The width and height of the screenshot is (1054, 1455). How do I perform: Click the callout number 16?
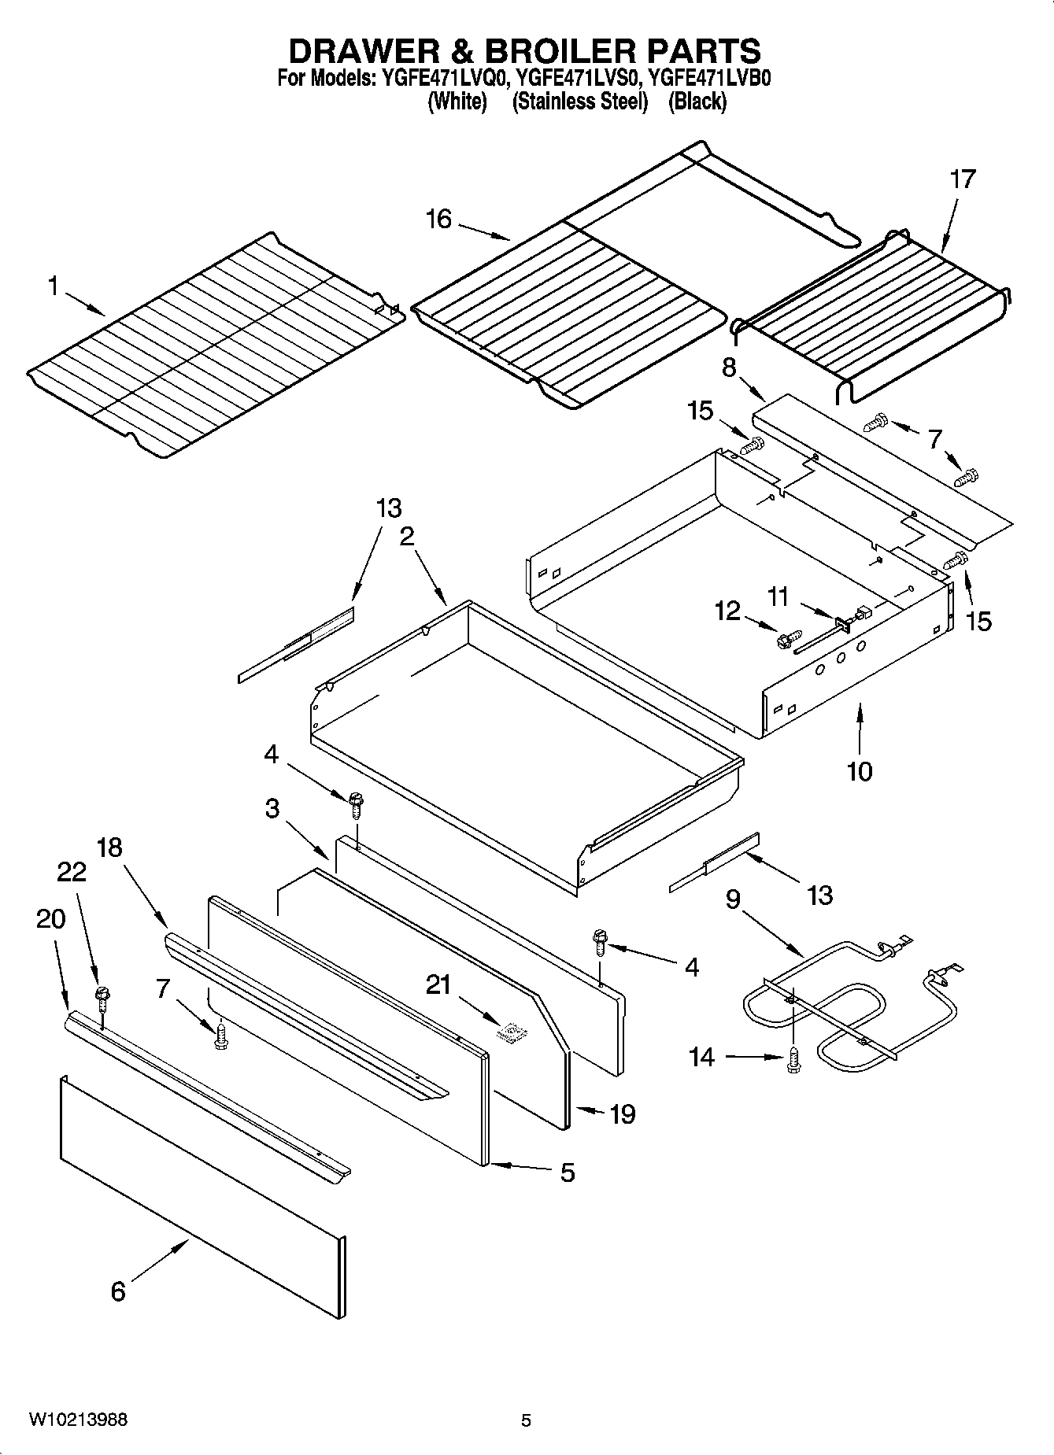click(438, 219)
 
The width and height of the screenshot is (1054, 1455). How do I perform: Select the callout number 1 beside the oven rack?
click(54, 286)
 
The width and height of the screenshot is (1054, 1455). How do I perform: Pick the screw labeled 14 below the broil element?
click(793, 1059)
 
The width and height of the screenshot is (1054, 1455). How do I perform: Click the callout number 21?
click(438, 984)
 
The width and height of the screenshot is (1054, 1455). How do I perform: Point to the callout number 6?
click(118, 1291)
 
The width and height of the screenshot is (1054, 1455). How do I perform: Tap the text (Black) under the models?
click(697, 102)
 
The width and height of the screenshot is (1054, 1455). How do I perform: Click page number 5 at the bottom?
click(526, 1420)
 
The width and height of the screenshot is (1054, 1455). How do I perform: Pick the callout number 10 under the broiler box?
click(860, 771)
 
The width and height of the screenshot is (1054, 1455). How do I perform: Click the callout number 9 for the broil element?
click(732, 899)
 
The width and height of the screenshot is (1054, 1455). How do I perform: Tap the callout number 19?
click(622, 1114)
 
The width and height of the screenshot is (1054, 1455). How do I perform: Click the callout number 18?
click(110, 848)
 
